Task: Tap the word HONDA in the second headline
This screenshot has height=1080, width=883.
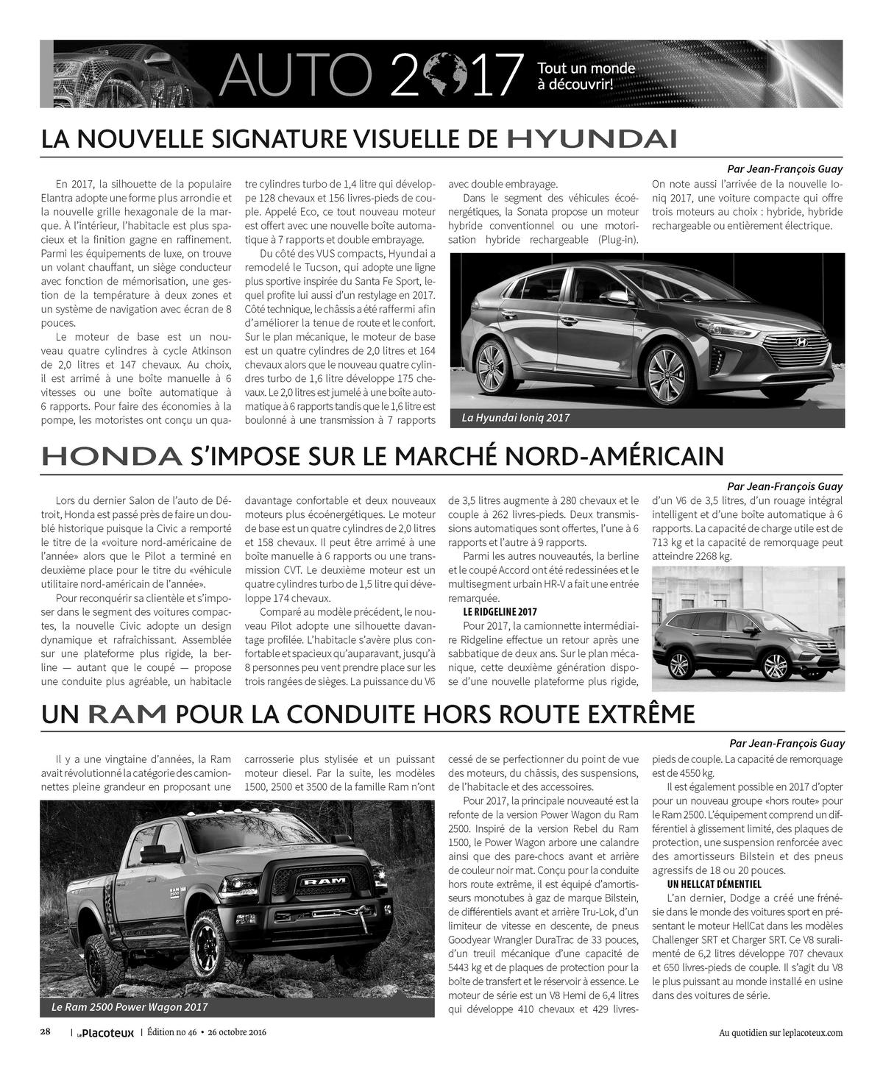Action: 111,456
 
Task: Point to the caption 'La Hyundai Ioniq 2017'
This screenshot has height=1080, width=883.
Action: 516,418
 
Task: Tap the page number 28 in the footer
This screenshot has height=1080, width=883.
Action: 45,1032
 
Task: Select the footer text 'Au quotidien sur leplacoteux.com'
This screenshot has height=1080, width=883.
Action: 781,1033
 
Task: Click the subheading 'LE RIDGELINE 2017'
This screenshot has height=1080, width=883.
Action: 500,612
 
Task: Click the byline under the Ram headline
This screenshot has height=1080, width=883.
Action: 787,743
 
